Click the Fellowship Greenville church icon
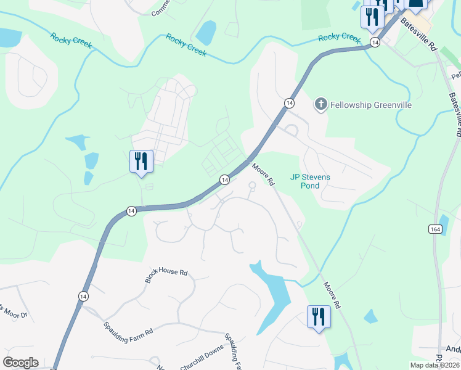point(320,104)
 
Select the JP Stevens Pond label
point(310,181)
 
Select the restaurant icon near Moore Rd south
point(319,317)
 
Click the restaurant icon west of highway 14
point(141,162)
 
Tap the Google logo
point(20,363)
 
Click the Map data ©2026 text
point(434,365)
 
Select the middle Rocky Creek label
point(186,46)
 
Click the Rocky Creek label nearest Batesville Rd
point(339,38)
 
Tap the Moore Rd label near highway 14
point(263,175)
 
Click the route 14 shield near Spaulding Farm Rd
point(83,296)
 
